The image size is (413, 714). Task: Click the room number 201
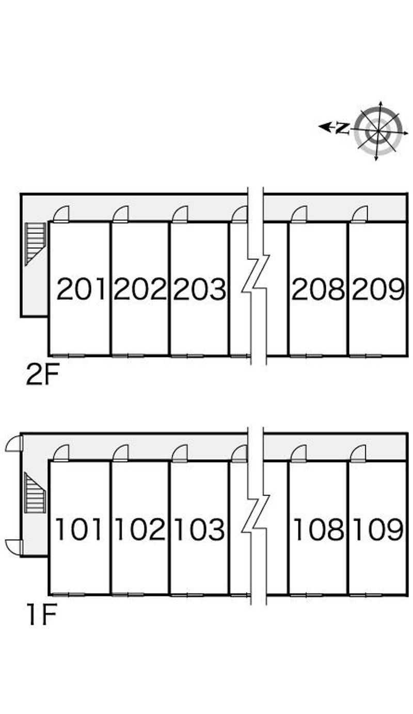81,289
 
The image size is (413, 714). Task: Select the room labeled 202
140,289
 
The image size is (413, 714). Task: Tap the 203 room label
199,289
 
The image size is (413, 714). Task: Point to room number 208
318,289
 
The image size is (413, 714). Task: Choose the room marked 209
378,289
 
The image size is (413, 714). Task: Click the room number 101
78,529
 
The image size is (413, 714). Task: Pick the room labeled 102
140,529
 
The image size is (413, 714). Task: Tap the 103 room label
200,529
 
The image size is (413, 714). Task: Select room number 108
319,529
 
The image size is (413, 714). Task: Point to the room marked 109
378,529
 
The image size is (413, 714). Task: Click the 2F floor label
43,375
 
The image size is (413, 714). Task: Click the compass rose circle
378,131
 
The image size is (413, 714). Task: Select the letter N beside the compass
342,128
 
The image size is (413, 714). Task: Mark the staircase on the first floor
35,492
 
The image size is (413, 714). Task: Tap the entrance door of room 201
61,214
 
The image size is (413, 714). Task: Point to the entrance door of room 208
299,214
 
